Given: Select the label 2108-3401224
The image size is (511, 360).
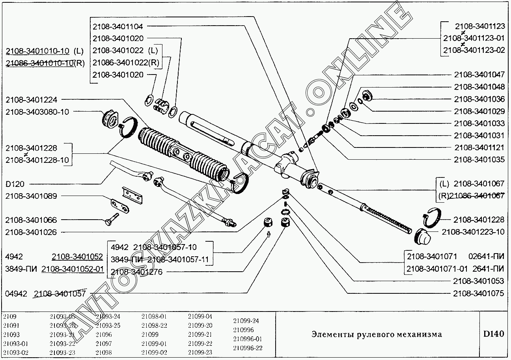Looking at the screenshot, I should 31,100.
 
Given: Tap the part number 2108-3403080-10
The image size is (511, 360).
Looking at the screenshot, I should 37,112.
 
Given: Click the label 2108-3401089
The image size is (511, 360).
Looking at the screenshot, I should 31,196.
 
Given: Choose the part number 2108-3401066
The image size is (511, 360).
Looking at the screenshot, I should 31,220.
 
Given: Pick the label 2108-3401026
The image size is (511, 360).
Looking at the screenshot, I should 31,232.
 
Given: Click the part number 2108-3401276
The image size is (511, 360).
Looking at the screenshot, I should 136,272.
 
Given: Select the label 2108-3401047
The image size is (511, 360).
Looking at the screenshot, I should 479,75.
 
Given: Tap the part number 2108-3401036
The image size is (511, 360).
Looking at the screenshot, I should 479,99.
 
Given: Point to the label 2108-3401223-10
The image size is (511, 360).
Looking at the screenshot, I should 473,232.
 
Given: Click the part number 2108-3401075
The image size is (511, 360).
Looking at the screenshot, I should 478,293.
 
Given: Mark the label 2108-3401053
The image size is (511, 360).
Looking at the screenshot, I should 478,281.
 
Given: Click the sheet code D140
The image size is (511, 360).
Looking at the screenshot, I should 494,334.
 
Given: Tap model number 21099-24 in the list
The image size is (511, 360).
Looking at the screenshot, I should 246,321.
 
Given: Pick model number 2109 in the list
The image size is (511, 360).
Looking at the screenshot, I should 9,317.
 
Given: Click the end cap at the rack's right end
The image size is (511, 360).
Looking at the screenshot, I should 422,235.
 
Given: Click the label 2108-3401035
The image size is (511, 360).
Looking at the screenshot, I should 479,160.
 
